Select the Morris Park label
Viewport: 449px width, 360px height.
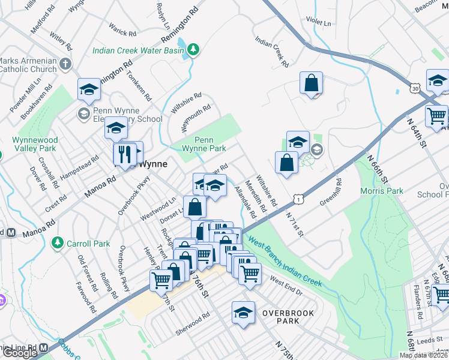pos(381,191)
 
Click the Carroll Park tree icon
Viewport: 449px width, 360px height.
pos(58,243)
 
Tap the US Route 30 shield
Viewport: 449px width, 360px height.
pos(415,88)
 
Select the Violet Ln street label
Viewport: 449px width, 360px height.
pos(319,23)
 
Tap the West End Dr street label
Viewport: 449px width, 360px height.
pos(285,282)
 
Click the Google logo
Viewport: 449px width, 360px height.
pos(19,353)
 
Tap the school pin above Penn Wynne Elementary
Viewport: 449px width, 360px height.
pos(89,90)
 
